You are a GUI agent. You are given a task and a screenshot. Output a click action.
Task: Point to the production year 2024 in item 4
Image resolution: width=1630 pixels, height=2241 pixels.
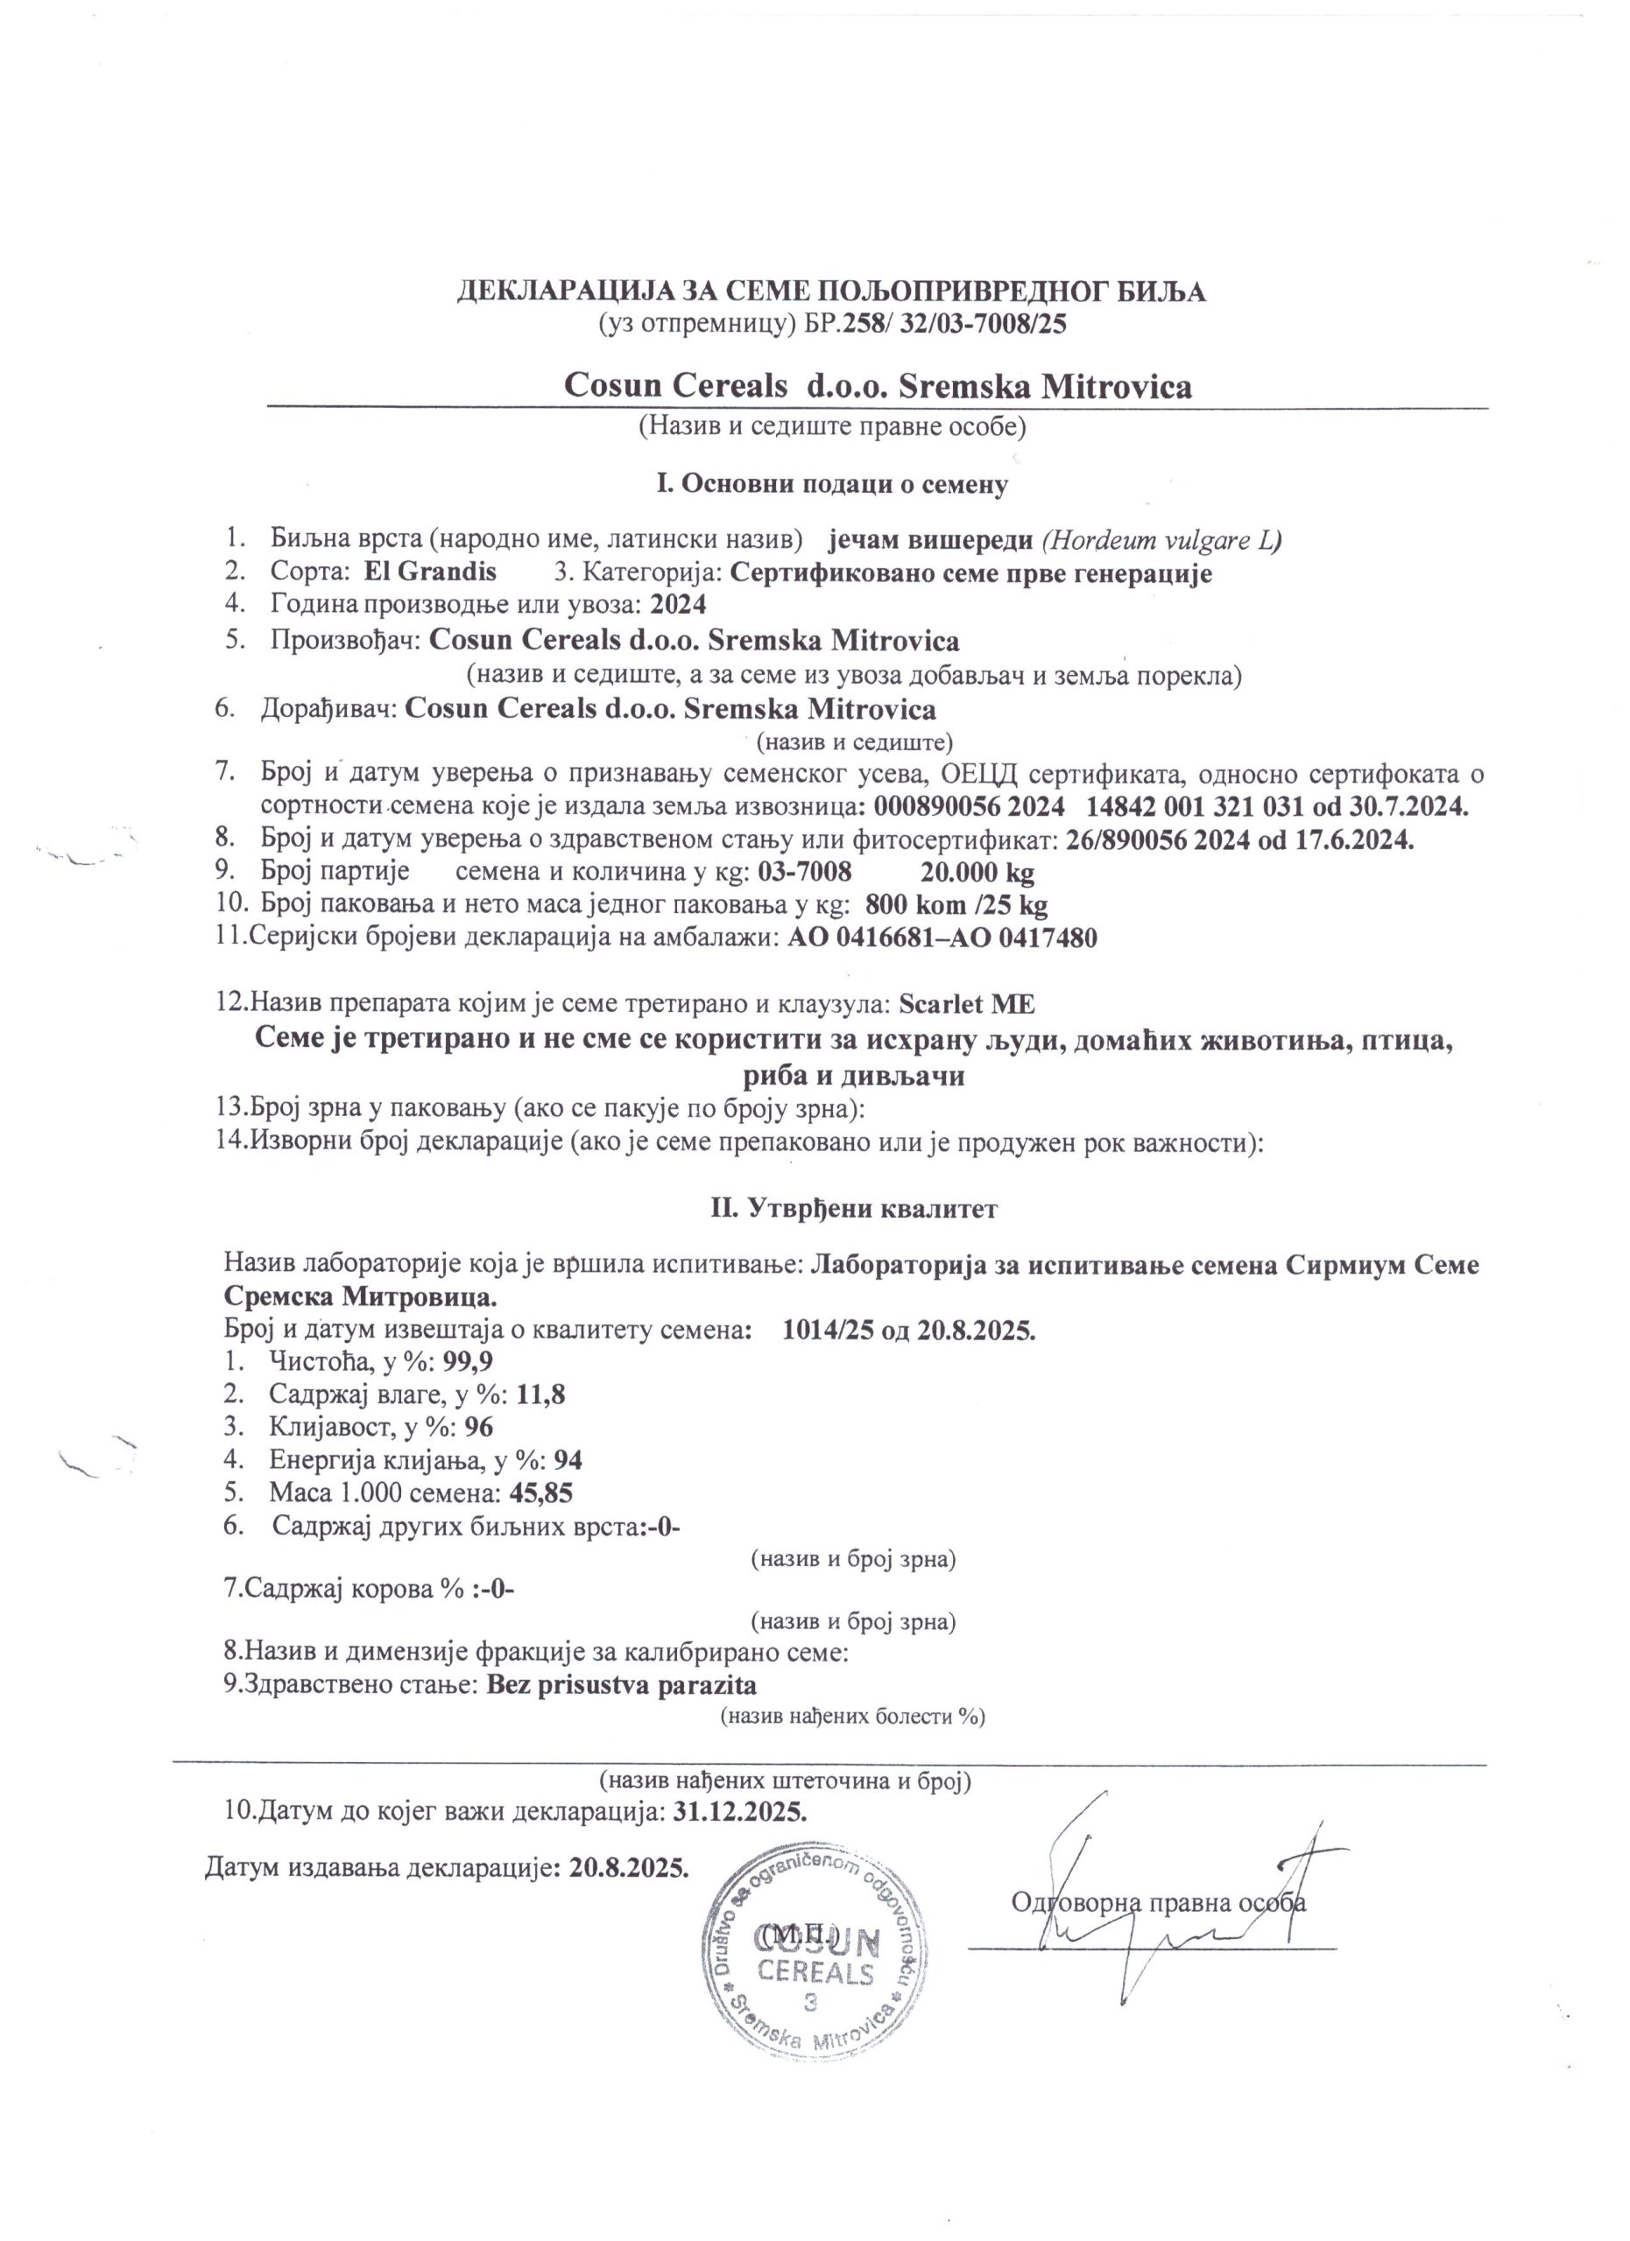(x=678, y=605)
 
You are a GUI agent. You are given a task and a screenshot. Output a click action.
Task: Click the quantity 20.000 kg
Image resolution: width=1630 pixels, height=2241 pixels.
(x=977, y=873)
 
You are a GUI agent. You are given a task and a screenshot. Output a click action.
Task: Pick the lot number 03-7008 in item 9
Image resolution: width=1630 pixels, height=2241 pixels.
(x=805, y=873)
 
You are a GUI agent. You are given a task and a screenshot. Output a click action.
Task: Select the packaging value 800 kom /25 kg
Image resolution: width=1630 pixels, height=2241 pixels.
(x=956, y=905)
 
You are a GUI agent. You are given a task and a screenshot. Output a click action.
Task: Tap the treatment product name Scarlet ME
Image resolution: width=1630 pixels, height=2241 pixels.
(x=967, y=1004)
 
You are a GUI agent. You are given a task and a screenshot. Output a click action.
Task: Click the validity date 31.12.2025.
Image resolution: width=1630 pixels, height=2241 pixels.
(x=739, y=1811)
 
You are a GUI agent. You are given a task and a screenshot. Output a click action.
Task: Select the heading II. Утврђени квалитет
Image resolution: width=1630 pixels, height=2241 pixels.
(x=854, y=1207)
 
